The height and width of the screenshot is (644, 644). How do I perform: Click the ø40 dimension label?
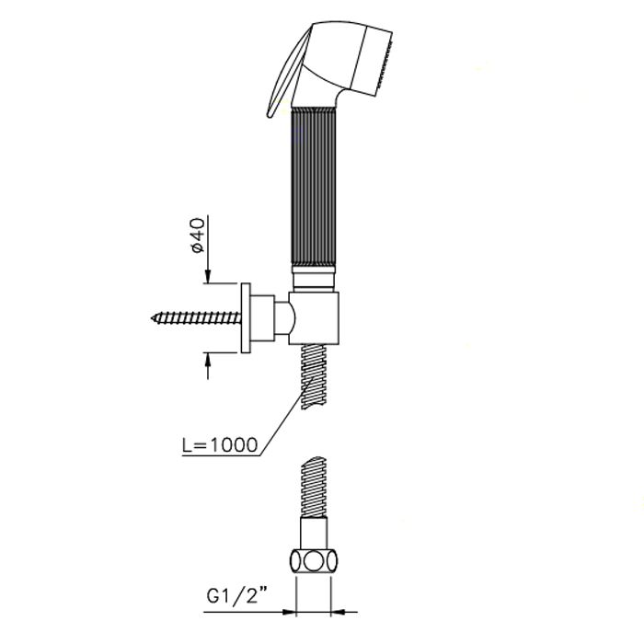pyautogui.click(x=198, y=236)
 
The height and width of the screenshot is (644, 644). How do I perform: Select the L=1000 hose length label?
pyautogui.click(x=220, y=444)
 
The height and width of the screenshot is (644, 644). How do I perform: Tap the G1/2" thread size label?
pyautogui.click(x=237, y=595)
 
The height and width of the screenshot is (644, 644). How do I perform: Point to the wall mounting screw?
pyautogui.click(x=196, y=317)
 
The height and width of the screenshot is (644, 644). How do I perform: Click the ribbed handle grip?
pyautogui.click(x=314, y=187)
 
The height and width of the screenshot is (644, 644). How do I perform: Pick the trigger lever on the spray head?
pyautogui.click(x=287, y=71)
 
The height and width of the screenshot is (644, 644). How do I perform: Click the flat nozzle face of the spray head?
pyautogui.click(x=385, y=63)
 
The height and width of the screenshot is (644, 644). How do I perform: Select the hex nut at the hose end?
pyautogui.click(x=314, y=561)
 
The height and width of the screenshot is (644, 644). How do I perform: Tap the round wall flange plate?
pyautogui.click(x=246, y=318)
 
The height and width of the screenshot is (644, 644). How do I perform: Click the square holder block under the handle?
pyautogui.click(x=314, y=318)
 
